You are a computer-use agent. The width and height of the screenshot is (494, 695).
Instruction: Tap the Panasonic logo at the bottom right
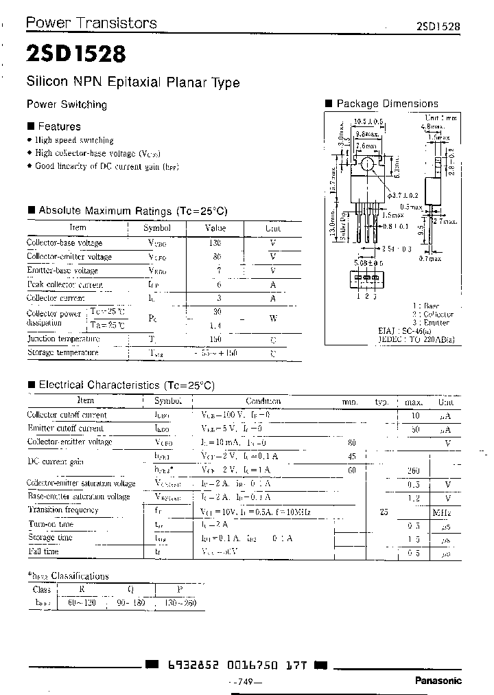(438, 681)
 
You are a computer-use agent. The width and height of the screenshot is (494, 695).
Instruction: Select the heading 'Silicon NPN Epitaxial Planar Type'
(132, 82)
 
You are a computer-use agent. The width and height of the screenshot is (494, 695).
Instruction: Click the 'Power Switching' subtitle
(67, 105)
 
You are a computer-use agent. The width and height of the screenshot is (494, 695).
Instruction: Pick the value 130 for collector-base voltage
(215, 242)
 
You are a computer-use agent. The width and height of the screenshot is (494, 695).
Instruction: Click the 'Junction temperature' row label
(63, 339)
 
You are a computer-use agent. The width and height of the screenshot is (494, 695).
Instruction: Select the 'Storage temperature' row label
(62, 352)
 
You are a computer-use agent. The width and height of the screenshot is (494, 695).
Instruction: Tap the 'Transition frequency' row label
(62, 510)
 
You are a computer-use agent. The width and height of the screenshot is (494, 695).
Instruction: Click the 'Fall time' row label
(43, 551)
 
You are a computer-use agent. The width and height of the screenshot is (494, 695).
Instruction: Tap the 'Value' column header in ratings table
(215, 228)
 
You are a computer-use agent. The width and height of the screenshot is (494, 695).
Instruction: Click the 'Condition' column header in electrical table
(263, 401)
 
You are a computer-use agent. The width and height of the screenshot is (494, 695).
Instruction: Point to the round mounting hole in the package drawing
(367, 164)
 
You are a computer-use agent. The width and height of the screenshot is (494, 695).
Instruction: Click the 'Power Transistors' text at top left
(91, 23)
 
